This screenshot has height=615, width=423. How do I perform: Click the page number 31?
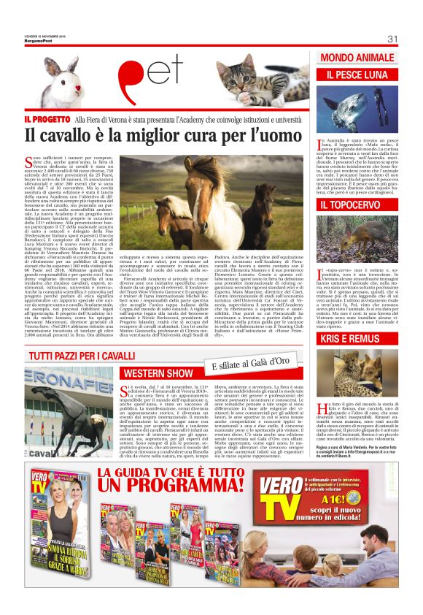pyautogui.click(x=392, y=39)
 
